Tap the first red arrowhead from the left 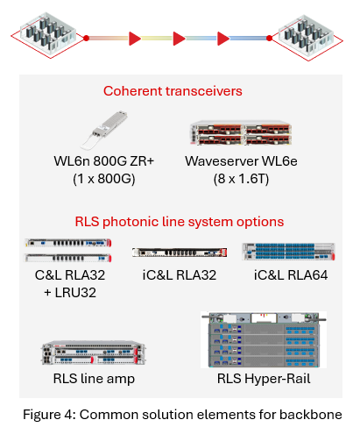click(134, 38)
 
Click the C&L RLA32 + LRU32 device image click(69, 252)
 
